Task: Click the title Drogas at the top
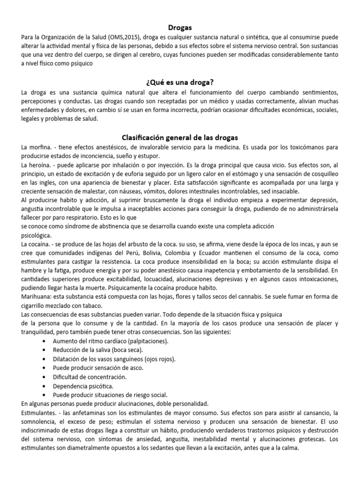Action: [180, 28]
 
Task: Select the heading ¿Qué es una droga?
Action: [180, 82]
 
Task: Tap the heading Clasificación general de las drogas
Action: [180, 137]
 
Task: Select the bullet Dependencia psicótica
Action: [82, 386]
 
